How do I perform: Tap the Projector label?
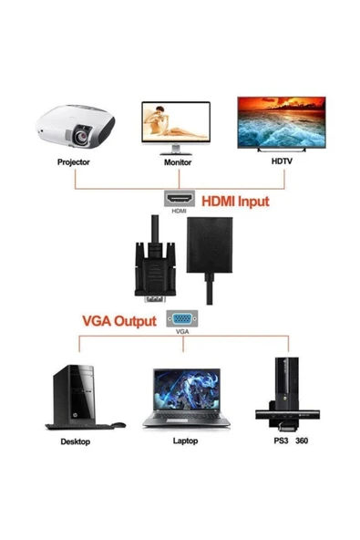click(x=75, y=163)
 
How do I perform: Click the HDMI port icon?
click(x=178, y=198)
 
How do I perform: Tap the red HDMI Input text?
click(x=235, y=201)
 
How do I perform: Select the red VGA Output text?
click(x=119, y=320)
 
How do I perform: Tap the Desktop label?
click(x=75, y=441)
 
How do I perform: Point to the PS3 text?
click(x=271, y=441)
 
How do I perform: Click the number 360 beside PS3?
click(x=303, y=441)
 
